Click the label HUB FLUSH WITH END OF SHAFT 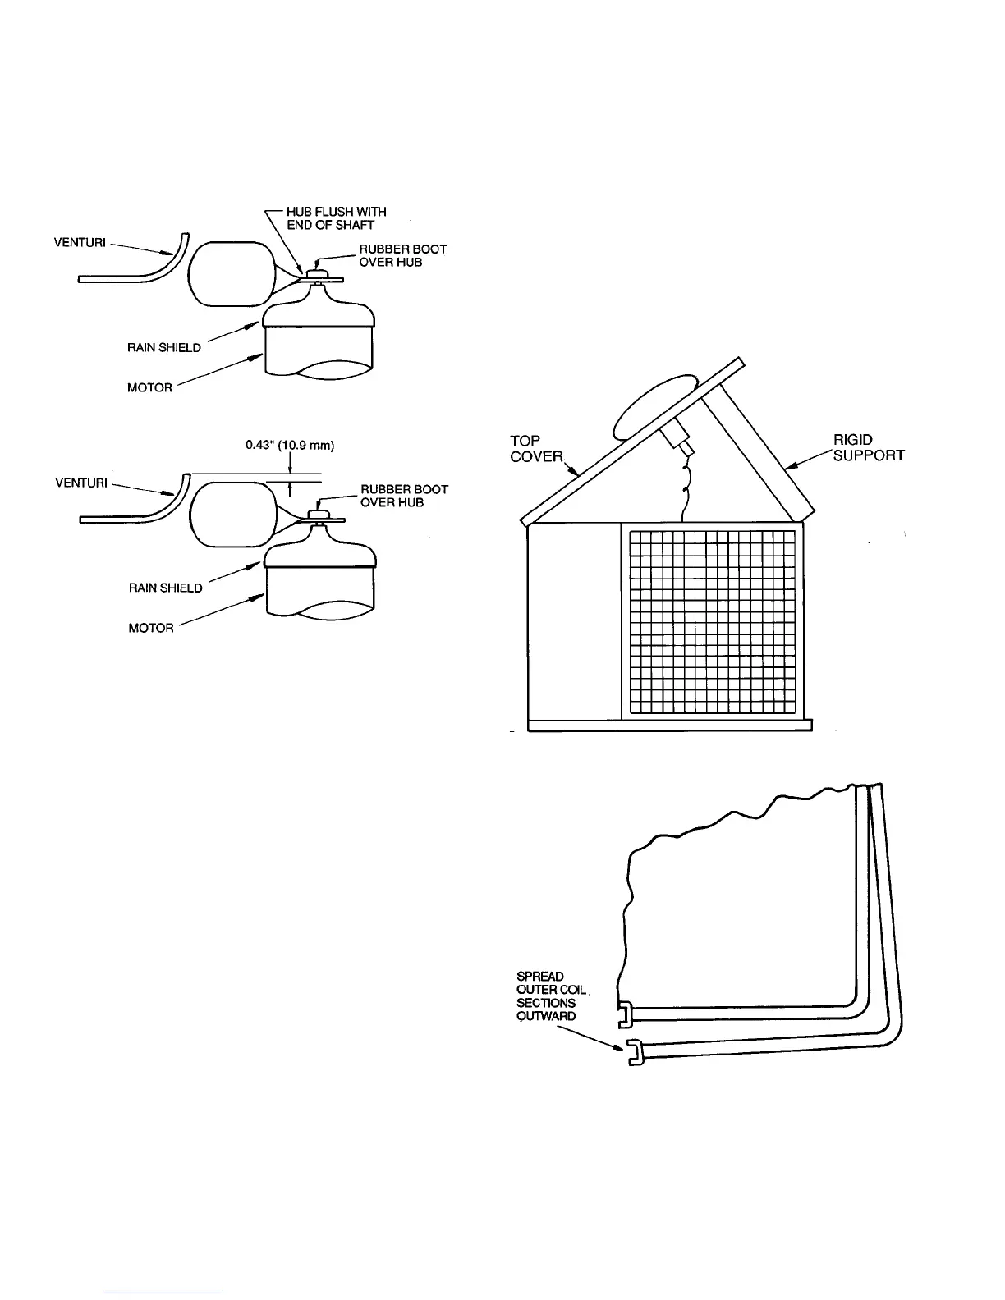[x=336, y=218]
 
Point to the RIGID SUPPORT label [x=868, y=448]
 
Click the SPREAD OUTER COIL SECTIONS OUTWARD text [x=546, y=996]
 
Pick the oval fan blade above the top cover [x=654, y=407]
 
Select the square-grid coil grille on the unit [x=712, y=621]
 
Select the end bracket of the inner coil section [x=624, y=1014]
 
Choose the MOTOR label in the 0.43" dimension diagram [x=151, y=629]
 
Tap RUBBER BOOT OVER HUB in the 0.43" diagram [x=404, y=496]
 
